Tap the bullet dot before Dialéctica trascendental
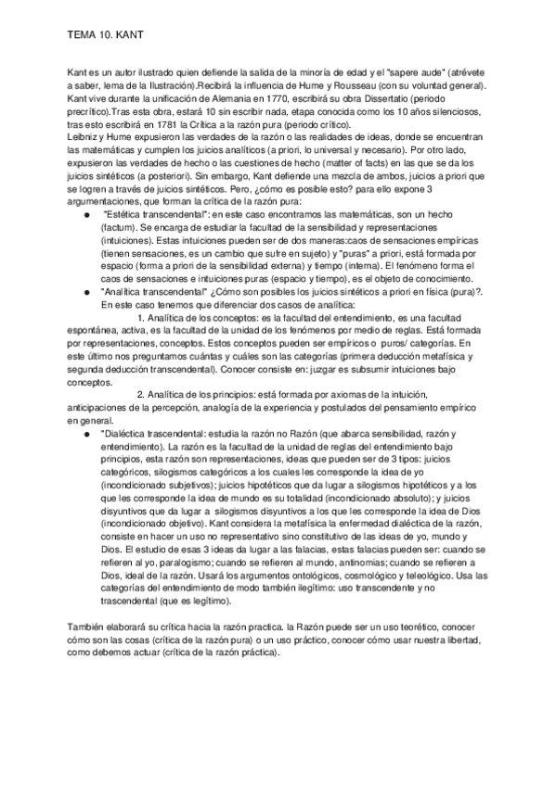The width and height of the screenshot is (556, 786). [86, 433]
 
